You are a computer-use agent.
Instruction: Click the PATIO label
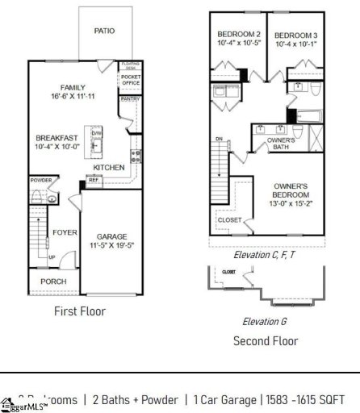[x=104, y=31]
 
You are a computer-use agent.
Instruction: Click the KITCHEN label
[x=109, y=168]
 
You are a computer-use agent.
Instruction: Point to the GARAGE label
[x=112, y=236]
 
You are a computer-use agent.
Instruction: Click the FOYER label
[x=65, y=232]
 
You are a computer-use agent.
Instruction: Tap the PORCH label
[x=53, y=282]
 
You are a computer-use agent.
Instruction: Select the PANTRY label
[x=130, y=98]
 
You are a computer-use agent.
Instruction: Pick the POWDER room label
[x=40, y=180]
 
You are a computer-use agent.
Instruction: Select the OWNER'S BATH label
[x=281, y=143]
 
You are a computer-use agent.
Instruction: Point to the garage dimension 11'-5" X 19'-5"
[x=112, y=246]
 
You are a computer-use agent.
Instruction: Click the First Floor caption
[x=81, y=311]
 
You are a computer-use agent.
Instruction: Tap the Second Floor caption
[x=266, y=340]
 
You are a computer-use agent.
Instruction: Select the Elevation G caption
[x=266, y=321]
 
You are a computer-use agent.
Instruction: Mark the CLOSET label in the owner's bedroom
[x=229, y=219]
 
